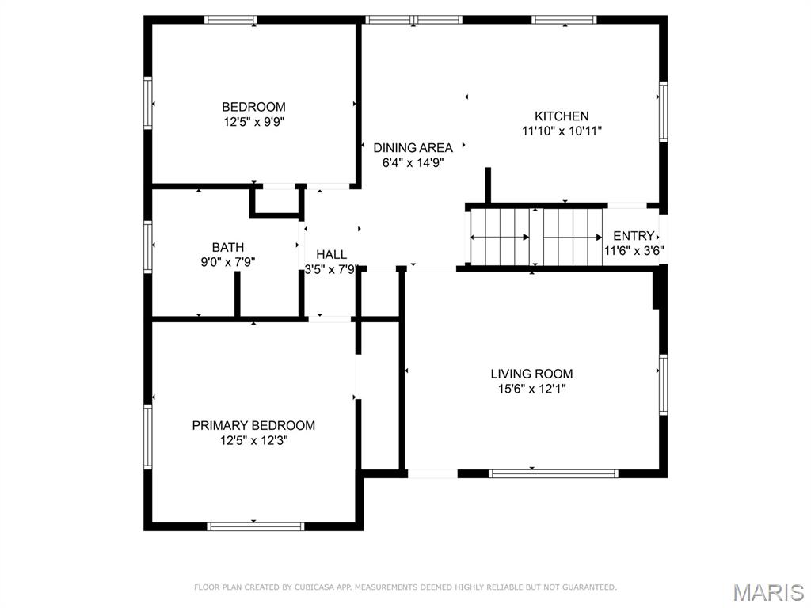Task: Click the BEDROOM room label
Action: click(253, 107)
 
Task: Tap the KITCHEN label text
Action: click(562, 116)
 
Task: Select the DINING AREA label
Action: click(413, 148)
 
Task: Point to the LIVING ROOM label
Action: click(531, 374)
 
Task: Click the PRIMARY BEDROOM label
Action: click(253, 425)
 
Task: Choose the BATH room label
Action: click(228, 247)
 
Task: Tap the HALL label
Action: click(332, 254)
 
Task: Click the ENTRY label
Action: click(634, 236)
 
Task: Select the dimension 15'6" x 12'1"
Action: click(531, 389)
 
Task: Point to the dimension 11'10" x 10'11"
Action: click(562, 131)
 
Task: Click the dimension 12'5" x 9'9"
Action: click(253, 123)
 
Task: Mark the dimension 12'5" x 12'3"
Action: click(253, 440)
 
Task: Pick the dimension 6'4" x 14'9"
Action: click(413, 163)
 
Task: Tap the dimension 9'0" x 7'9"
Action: click(228, 262)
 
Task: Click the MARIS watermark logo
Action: click(768, 593)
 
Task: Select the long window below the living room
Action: click(554, 473)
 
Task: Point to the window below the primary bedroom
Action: click(256, 526)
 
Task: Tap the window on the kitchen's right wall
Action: click(663, 111)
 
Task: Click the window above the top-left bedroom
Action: click(230, 20)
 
